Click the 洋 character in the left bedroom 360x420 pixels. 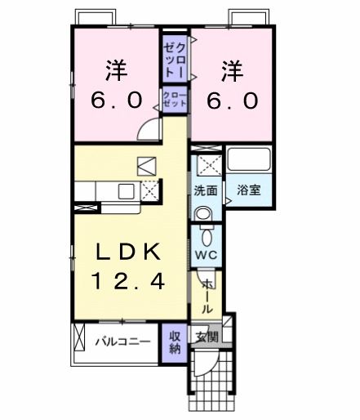point(116,69)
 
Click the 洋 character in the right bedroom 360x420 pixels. point(231,69)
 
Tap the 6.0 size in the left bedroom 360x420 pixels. point(116,100)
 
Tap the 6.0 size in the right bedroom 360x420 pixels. point(231,100)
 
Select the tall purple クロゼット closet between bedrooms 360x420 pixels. point(174,57)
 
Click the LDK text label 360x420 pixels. point(128,251)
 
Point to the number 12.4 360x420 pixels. point(128,282)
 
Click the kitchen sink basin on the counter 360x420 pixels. point(126,191)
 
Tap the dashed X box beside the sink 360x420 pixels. point(149,191)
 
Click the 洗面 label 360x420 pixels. point(205,191)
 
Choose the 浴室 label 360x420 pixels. point(249,191)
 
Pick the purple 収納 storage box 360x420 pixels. point(176,342)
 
